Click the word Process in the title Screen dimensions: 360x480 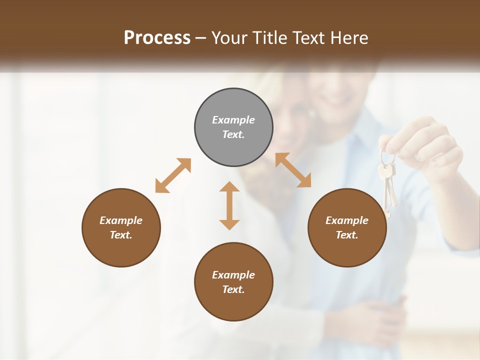click(x=157, y=38)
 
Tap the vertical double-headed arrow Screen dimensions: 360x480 click(x=229, y=205)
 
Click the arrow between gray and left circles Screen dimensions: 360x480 click(x=173, y=175)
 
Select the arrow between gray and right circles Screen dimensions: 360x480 click(x=293, y=170)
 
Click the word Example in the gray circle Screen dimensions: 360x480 click(x=233, y=120)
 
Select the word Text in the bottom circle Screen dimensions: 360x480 click(x=233, y=289)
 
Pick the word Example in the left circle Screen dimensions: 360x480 click(x=121, y=220)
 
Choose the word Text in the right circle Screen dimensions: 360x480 click(x=347, y=235)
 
